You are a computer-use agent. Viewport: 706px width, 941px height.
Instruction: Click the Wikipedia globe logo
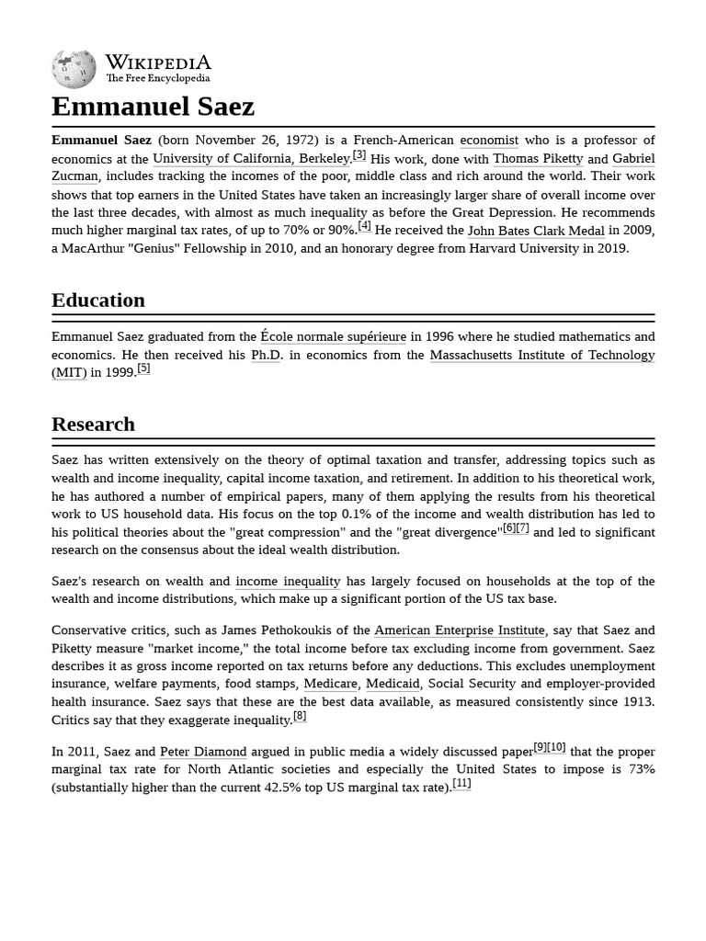74,69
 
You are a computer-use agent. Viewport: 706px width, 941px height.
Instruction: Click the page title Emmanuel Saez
153,107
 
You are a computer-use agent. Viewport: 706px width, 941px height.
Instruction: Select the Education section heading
98,300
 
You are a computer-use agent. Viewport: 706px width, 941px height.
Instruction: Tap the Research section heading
93,425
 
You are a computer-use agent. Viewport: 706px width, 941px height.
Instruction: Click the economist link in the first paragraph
489,141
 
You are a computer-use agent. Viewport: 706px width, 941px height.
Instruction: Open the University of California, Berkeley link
251,159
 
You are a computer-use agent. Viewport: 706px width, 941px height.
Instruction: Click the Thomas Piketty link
538,159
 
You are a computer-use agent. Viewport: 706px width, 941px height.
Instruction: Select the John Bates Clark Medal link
536,231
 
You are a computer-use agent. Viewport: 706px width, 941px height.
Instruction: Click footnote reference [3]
359,155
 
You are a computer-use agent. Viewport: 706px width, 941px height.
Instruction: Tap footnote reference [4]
365,226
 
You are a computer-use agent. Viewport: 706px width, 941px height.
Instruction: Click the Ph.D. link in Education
266,355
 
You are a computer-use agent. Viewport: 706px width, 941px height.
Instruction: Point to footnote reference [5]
143,368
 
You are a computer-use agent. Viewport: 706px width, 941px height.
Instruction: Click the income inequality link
288,582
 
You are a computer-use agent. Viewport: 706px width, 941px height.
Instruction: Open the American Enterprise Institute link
460,630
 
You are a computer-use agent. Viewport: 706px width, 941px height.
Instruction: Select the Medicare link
331,684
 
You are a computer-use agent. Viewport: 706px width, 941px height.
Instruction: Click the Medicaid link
393,684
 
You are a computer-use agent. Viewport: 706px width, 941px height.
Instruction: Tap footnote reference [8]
300,716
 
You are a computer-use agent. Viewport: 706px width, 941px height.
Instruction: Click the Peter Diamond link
203,752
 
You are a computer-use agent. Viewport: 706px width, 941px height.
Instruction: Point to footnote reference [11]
461,784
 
